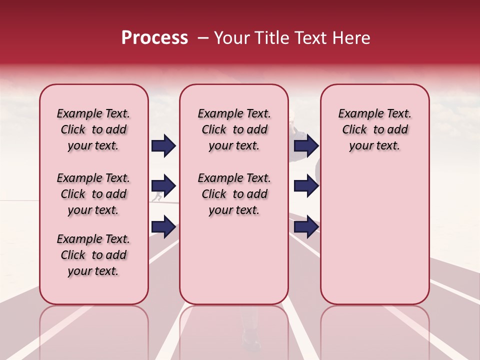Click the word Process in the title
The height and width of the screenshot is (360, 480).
(154, 38)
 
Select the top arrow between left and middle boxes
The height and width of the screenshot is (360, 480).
(163, 145)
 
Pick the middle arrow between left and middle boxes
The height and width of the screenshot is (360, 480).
(163, 186)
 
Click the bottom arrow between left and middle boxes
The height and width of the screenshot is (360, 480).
(163, 227)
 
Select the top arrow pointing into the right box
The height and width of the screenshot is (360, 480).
(306, 145)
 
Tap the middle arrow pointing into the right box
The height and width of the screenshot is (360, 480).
(306, 186)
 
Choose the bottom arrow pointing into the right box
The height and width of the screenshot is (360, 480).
(306, 227)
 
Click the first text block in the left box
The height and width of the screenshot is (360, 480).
(93, 129)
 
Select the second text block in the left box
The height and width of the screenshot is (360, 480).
(93, 194)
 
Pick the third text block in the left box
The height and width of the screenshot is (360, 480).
(93, 255)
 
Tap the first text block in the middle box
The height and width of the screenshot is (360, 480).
(234, 129)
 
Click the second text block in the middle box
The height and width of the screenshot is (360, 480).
(234, 194)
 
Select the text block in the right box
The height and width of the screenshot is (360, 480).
(374, 129)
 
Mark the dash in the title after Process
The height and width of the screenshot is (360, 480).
(203, 38)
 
